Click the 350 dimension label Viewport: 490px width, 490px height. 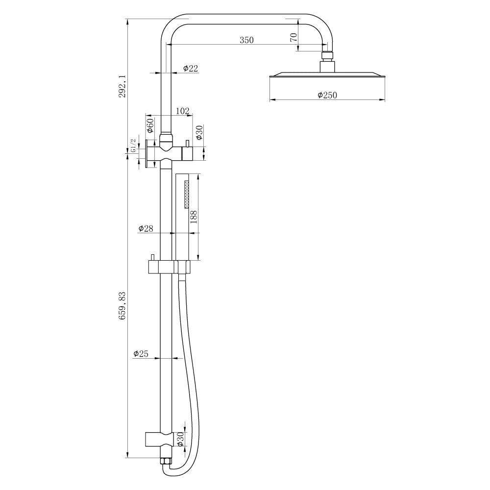click(246, 40)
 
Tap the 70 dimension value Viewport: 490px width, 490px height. click(294, 37)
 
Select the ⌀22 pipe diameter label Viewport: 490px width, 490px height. click(190, 68)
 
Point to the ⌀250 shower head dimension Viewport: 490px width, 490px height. click(327, 95)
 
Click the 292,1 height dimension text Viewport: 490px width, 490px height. click(122, 86)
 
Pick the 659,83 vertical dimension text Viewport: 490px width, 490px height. click(122, 305)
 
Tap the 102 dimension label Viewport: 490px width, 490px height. click(182, 111)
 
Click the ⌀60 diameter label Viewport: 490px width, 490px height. click(150, 125)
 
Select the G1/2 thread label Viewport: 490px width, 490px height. click(133, 146)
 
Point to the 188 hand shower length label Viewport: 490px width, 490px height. click(194, 217)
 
